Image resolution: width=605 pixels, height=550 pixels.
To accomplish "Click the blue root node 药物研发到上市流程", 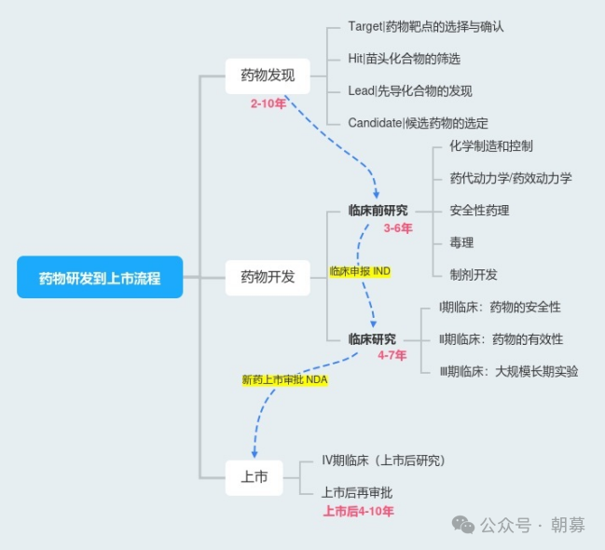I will coord(100,277).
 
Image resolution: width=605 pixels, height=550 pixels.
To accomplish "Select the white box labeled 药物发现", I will coord(268,76).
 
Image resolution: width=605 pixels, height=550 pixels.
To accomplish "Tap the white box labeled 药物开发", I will coord(268,277).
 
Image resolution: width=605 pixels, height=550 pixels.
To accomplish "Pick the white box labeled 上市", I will coord(254,477).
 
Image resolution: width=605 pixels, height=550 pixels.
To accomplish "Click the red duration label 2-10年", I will coord(268,103).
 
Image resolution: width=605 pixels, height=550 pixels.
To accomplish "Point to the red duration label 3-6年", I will coord(398,227).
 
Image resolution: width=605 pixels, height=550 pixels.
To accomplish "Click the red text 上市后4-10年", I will coord(358,511).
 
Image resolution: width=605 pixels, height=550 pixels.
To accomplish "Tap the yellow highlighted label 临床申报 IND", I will coord(360,270).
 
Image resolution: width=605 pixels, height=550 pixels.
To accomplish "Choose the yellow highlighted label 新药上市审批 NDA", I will coord(284,379).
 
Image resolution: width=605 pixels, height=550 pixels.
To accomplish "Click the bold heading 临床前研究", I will coord(378,211).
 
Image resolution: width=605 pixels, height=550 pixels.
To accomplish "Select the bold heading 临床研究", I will coord(372,339).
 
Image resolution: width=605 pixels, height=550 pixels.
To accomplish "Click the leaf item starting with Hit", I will coord(404,59).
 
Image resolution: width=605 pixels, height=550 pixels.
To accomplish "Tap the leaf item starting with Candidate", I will coord(418,123).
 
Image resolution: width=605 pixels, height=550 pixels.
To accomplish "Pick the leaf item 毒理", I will coord(461,242).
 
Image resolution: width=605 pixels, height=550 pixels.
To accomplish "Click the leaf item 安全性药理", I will coord(479,211).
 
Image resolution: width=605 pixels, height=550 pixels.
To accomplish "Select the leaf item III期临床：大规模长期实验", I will coord(508,371).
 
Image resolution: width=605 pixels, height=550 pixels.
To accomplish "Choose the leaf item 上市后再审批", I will coord(357,492).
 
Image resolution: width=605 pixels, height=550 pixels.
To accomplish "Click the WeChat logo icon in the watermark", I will coord(463,525).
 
